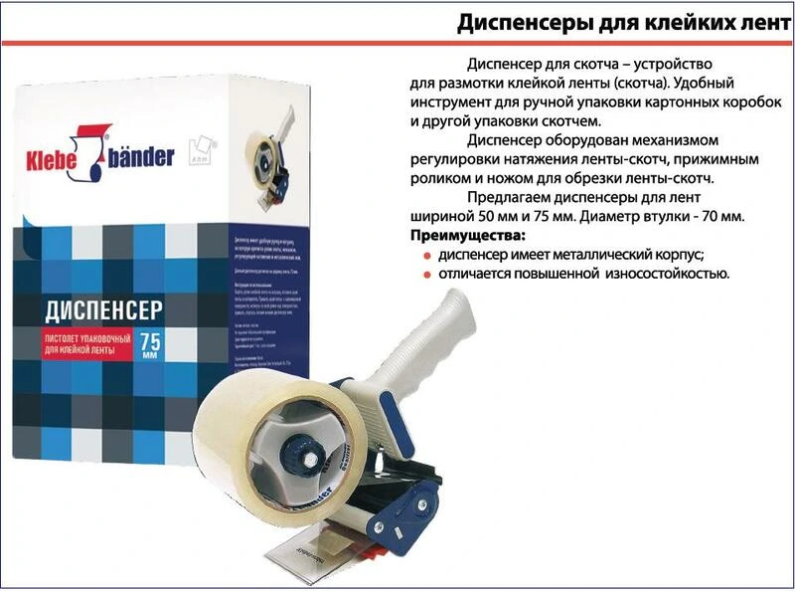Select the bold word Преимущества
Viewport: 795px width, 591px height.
click(x=466, y=236)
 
